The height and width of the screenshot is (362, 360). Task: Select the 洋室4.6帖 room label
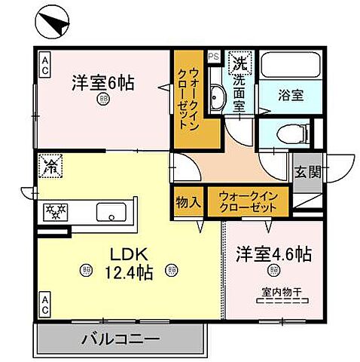pyautogui.click(x=272, y=253)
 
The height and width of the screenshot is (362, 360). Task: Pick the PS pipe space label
pyautogui.click(x=212, y=55)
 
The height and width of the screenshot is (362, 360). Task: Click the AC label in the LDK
pyautogui.click(x=45, y=304)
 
